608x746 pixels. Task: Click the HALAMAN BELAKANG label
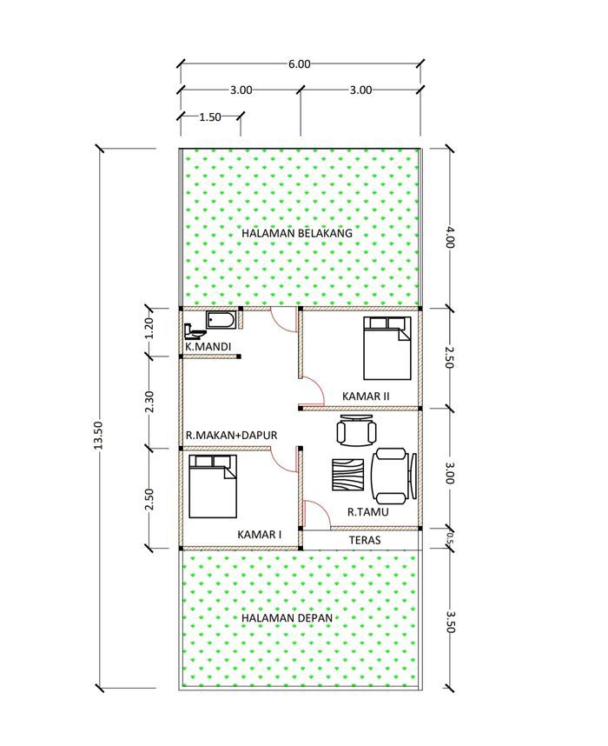point(297,233)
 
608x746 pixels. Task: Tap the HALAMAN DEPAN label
point(287,618)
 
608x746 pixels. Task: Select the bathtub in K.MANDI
point(220,320)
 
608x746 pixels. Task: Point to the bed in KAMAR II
point(387,349)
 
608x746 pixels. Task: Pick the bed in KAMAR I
point(213,486)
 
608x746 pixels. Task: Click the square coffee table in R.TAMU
point(348,475)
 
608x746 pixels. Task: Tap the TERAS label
point(365,540)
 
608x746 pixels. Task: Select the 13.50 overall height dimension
point(99,436)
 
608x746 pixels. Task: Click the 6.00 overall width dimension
point(299,63)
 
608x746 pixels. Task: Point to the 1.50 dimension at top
point(209,117)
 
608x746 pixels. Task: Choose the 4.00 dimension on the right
point(451,237)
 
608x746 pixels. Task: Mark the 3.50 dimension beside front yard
point(451,622)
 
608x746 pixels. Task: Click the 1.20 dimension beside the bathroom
point(149,328)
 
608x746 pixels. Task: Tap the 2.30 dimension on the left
point(149,402)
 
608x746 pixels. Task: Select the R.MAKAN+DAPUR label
point(231,435)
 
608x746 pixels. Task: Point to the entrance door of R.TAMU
point(317,515)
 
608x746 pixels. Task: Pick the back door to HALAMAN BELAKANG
point(284,320)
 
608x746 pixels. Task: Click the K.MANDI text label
point(208,347)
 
